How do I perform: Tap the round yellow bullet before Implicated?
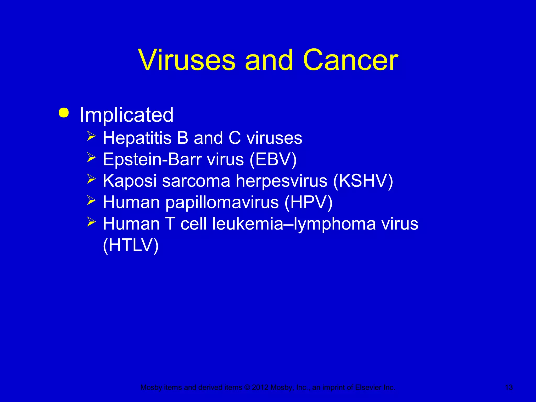pos(64,113)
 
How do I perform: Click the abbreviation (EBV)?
pos(273,159)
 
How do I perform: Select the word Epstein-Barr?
pos(152,159)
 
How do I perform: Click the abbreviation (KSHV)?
pos(363,181)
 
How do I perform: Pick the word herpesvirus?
pos(281,181)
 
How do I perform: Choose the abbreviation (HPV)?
pos(308,203)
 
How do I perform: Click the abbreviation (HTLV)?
pos(131,245)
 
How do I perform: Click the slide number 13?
pos(509,387)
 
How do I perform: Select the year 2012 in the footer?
pos(260,387)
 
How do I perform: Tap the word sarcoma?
pos(196,181)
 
